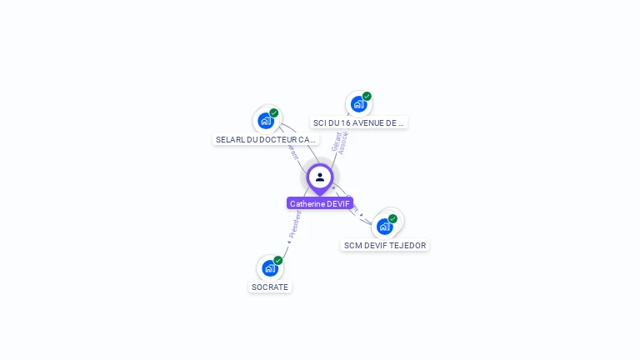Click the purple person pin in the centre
[x=320, y=177]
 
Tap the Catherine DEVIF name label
[x=320, y=203]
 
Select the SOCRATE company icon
[x=268, y=268]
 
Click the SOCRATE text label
[x=269, y=287]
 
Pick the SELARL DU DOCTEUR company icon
[x=265, y=121]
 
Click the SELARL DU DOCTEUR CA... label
[x=266, y=139]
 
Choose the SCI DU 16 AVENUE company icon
[x=357, y=104]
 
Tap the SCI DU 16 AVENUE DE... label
[x=358, y=122]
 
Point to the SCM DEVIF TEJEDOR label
[x=385, y=246]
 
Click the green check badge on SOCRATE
[x=278, y=260]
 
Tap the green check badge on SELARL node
[x=274, y=112]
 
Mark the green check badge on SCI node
[x=367, y=96]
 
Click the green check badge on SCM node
[x=392, y=218]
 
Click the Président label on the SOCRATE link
[x=294, y=224]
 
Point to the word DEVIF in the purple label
[x=338, y=203]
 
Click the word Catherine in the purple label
[x=307, y=203]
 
